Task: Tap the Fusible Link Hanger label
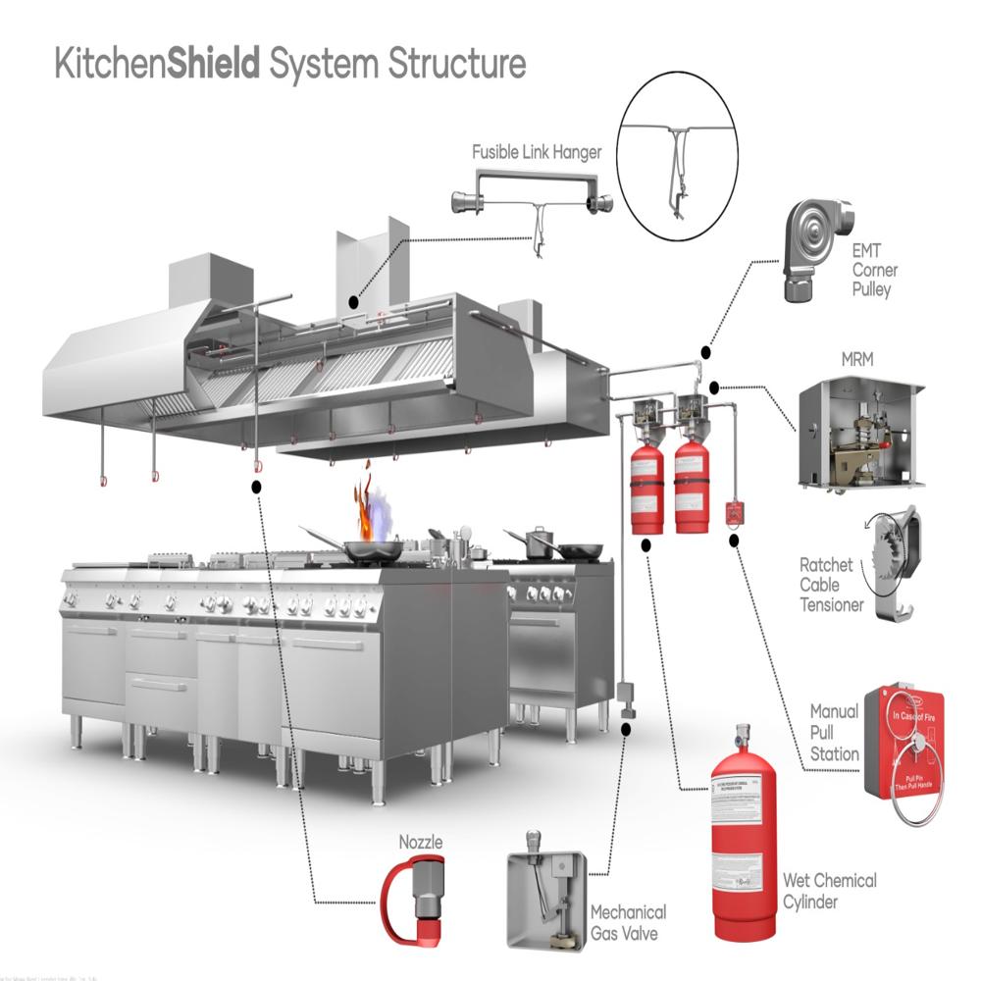click(537, 152)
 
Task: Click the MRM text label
click(857, 359)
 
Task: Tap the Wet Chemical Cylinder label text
click(829, 891)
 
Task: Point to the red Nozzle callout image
click(412, 899)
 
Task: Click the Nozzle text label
click(420, 843)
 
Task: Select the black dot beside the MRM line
click(714, 386)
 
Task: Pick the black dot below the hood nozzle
click(256, 486)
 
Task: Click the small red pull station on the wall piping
click(732, 513)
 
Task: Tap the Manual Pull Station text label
click(834, 732)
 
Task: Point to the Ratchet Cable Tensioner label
click(832, 586)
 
